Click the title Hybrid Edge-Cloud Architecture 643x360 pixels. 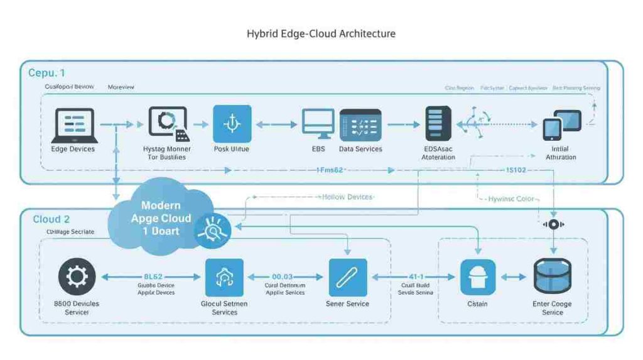click(x=321, y=33)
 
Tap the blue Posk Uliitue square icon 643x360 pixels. click(x=232, y=124)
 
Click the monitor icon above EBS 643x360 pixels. click(x=318, y=124)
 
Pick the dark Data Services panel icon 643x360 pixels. click(x=360, y=124)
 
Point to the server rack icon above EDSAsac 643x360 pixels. click(x=438, y=124)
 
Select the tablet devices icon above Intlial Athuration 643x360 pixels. click(x=561, y=124)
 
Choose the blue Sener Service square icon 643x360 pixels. click(x=347, y=276)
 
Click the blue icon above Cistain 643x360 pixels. click(x=477, y=277)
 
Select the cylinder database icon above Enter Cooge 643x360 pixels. click(x=552, y=276)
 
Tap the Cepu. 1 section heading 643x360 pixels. click(x=46, y=73)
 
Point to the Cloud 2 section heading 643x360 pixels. click(x=51, y=219)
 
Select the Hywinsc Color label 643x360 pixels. click(x=511, y=199)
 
